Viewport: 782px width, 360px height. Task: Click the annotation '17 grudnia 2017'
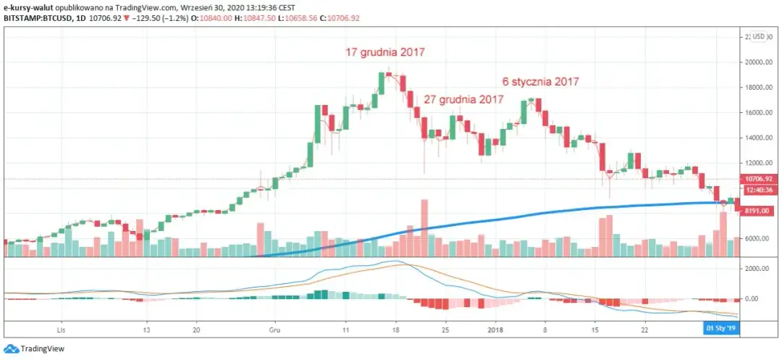[384, 52]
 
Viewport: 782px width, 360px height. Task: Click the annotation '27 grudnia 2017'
[463, 99]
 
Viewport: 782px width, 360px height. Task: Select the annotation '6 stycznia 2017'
[541, 82]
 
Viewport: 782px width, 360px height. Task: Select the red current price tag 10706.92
[759, 178]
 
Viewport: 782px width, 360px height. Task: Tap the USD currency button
[758, 36]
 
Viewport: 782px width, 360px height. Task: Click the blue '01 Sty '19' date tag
[721, 328]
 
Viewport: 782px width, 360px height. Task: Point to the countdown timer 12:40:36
[759, 191]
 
